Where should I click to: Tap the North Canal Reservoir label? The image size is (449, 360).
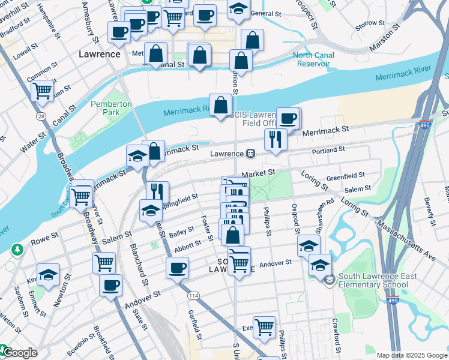313,60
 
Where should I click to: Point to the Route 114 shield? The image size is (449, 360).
193,296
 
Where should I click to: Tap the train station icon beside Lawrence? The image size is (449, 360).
250,154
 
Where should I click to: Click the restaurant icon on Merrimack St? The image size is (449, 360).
276,140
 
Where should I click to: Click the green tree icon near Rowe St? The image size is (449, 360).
18,248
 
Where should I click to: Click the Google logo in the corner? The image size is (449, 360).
19,353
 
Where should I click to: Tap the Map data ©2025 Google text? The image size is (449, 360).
412,355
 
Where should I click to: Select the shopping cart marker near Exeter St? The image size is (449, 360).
264,328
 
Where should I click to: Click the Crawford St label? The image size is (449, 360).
337,336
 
